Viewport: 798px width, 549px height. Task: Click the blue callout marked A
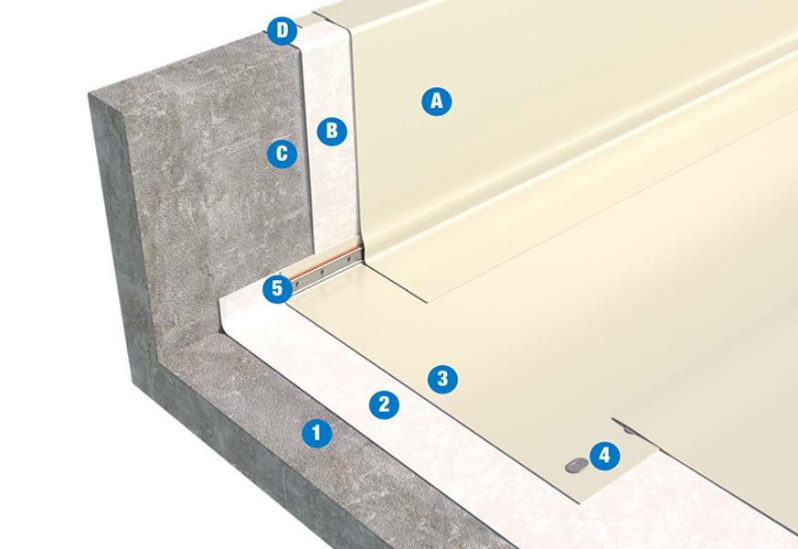click(x=437, y=101)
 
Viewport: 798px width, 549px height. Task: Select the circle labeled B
click(x=332, y=131)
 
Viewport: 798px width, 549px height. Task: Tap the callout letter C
click(x=282, y=154)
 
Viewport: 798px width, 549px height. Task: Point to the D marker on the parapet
click(x=282, y=30)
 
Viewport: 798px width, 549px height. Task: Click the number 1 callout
click(x=316, y=433)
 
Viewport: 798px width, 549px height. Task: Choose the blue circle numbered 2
click(x=384, y=404)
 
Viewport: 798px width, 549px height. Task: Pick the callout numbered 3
click(x=442, y=379)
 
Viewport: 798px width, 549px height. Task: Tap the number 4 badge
click(x=604, y=455)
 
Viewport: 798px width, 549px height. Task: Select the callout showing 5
click(x=277, y=288)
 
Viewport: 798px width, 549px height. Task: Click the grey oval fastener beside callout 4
click(x=576, y=466)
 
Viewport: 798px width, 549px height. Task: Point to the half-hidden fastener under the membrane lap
click(x=630, y=430)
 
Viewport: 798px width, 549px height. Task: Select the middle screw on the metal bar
click(x=322, y=272)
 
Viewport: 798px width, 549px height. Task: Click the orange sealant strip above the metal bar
click(x=325, y=264)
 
